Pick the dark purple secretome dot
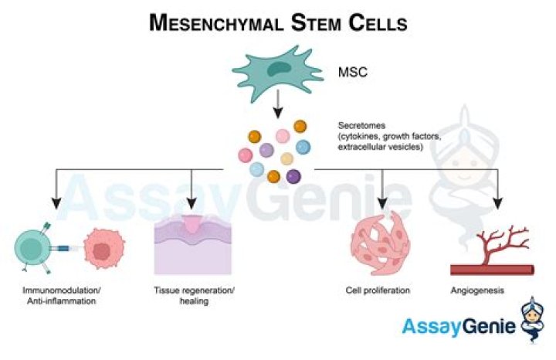(293, 176)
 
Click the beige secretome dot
(286, 158)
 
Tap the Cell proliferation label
(378, 291)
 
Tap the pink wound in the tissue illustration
(191, 226)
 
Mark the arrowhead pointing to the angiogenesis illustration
(498, 204)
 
